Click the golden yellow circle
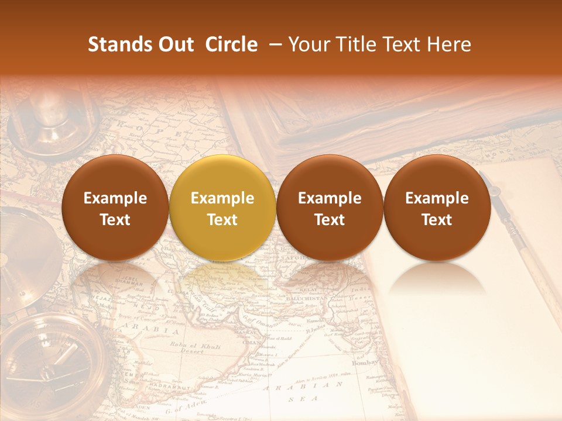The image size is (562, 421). click(x=222, y=208)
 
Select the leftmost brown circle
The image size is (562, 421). click(x=115, y=208)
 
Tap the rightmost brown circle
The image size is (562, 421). click(x=437, y=208)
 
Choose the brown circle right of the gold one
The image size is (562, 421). click(x=329, y=208)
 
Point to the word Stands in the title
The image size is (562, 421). click(x=119, y=44)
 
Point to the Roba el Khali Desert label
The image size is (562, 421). click(x=196, y=348)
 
